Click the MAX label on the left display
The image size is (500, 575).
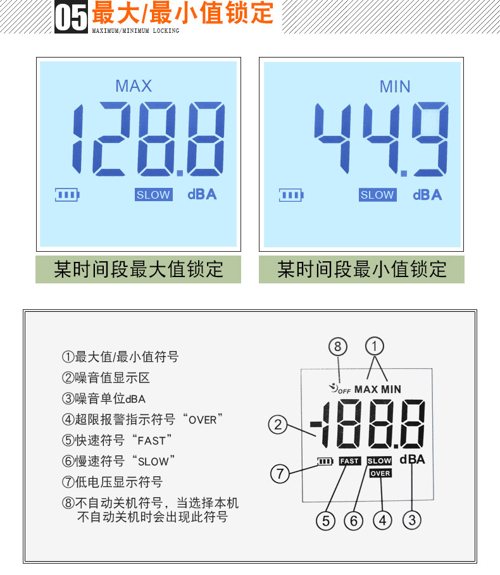[134, 86]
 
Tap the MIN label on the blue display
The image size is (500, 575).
[395, 87]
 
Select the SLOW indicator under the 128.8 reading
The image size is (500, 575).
[153, 195]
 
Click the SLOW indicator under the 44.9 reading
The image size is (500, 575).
[377, 195]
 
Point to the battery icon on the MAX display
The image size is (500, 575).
[67, 195]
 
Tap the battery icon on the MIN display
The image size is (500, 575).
[291, 195]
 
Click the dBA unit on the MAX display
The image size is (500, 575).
[202, 194]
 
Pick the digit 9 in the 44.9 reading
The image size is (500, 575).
[430, 139]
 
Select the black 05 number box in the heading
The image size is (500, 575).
[71, 17]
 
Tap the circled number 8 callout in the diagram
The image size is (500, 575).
[337, 347]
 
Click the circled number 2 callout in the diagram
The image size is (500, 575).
[278, 424]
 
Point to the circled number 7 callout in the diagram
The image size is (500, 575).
[280, 473]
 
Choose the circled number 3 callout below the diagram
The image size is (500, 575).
[412, 520]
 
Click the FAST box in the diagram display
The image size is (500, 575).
[350, 461]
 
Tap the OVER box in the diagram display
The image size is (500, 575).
[380, 473]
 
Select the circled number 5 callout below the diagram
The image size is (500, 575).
[326, 521]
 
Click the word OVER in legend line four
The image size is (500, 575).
[203, 420]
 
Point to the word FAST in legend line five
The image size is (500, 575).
[151, 441]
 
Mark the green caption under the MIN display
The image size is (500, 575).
[361, 269]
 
